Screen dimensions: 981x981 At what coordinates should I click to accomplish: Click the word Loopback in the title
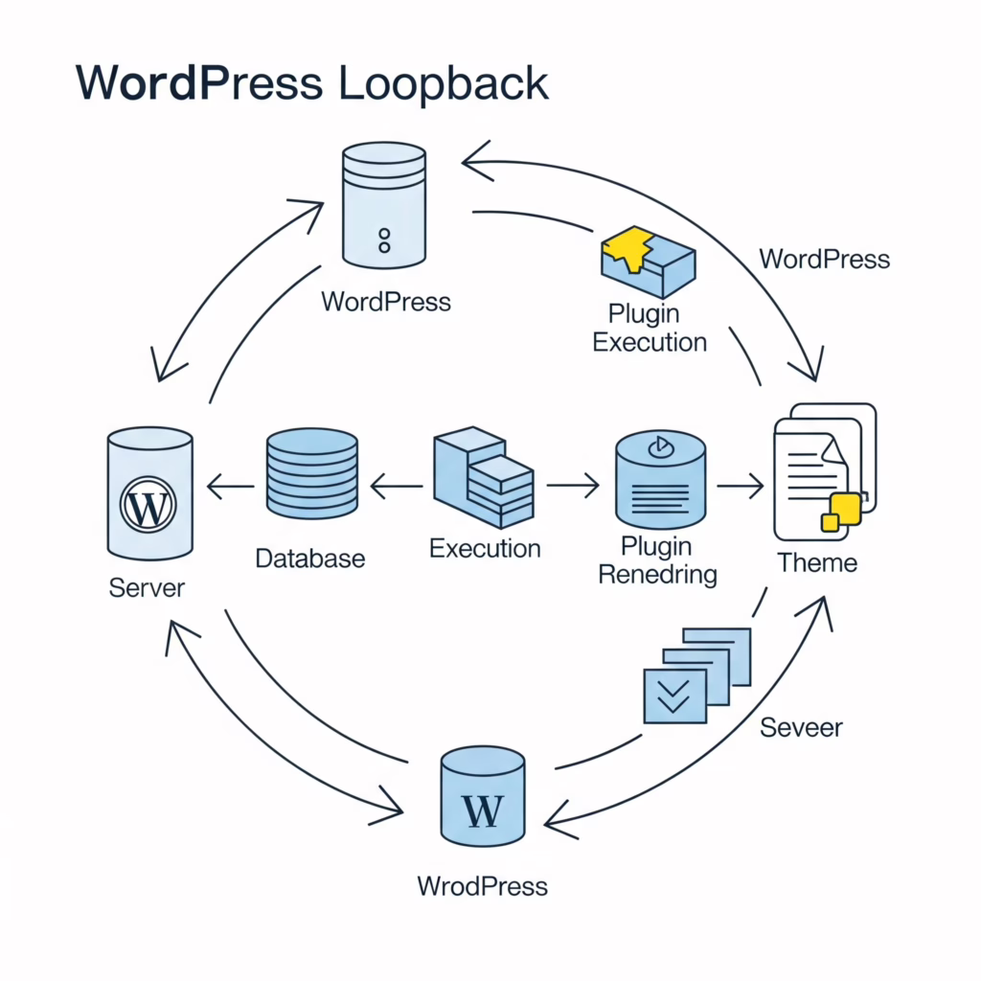(443, 84)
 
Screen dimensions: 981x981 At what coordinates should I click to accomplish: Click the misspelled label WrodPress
(482, 885)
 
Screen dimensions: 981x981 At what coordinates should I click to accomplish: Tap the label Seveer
(801, 727)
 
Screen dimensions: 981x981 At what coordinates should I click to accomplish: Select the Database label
(309, 558)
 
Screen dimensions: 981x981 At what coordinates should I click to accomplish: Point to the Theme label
(817, 562)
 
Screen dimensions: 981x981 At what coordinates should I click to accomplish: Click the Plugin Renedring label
(656, 560)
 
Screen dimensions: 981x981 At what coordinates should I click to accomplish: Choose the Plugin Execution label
(650, 328)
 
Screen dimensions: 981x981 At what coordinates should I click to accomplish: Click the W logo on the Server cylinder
(148, 505)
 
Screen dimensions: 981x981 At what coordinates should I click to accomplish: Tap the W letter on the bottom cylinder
(482, 810)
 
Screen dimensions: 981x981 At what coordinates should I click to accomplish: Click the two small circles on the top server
(384, 240)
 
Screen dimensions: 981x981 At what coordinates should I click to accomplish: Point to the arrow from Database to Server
(230, 488)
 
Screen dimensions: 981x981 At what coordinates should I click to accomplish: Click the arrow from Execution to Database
(395, 488)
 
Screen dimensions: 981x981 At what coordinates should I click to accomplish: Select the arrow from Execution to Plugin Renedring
(572, 488)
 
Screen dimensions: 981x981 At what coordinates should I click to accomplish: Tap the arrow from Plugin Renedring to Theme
(740, 488)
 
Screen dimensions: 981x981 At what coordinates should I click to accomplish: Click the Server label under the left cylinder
(147, 586)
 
